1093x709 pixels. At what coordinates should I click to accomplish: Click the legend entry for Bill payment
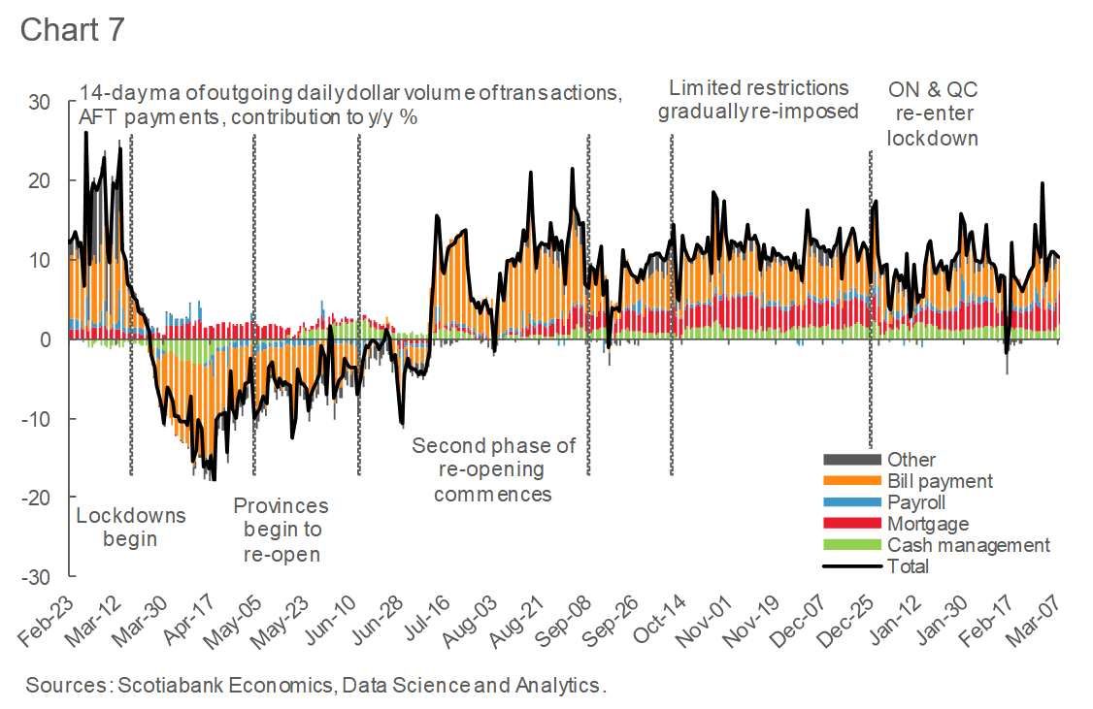tap(939, 480)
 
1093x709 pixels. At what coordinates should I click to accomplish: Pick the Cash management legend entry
tap(968, 545)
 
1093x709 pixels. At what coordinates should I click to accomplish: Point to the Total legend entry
tap(908, 566)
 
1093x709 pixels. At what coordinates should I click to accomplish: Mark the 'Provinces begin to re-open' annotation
tap(282, 531)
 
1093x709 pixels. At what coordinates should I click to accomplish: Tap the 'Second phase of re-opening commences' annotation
tap(493, 469)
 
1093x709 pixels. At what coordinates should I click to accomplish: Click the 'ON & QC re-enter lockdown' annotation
tap(933, 113)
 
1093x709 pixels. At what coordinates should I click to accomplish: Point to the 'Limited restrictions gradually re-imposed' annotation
tap(758, 99)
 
